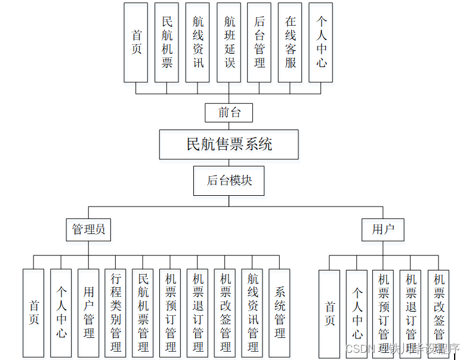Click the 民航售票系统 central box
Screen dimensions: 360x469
click(229, 144)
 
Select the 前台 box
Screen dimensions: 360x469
click(229, 112)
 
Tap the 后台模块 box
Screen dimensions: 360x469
click(229, 180)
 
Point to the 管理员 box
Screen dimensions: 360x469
click(88, 229)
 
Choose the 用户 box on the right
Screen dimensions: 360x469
click(382, 229)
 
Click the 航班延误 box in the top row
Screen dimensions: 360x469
click(229, 42)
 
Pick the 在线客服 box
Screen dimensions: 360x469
click(290, 42)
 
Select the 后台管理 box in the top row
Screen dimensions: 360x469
click(260, 42)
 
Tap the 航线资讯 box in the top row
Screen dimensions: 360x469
click(198, 42)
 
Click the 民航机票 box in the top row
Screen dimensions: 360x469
click(167, 42)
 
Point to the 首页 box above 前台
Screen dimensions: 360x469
click(136, 42)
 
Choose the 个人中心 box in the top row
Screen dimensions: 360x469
click(321, 42)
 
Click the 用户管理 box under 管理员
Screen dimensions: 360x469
click(88, 313)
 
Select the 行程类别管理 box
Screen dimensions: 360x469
click(116, 313)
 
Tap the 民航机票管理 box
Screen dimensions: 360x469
click(143, 313)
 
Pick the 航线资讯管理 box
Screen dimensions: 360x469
click(252, 313)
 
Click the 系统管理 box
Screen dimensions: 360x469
click(279, 313)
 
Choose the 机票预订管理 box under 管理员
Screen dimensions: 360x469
click(171, 313)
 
